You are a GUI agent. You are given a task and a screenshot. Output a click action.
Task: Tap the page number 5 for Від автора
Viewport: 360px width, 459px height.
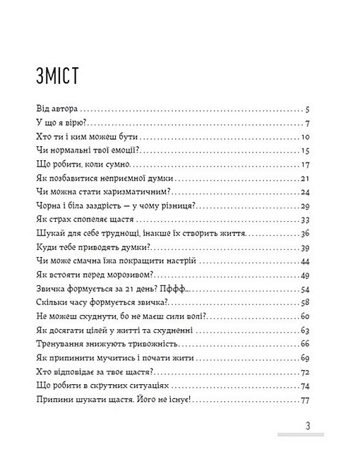click(x=309, y=110)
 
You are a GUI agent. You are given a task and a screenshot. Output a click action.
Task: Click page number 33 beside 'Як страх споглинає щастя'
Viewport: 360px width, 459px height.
click(x=306, y=220)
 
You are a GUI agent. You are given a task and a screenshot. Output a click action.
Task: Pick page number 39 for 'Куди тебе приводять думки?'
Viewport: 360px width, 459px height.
click(x=306, y=247)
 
